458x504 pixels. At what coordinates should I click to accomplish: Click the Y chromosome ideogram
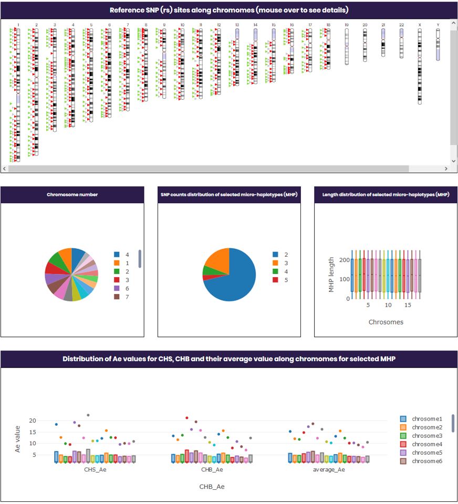click(x=438, y=45)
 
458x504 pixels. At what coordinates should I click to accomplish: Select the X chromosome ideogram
click(x=419, y=66)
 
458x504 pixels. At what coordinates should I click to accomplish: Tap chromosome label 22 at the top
click(x=401, y=25)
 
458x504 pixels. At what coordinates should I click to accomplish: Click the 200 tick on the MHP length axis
click(x=342, y=260)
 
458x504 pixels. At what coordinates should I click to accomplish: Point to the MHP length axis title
click(x=331, y=275)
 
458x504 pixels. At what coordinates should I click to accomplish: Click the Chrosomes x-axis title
click(x=386, y=322)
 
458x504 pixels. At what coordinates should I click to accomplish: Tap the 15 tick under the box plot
click(x=408, y=304)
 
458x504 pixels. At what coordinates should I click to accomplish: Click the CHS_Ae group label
click(x=96, y=469)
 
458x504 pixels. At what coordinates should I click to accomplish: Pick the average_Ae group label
click(x=329, y=469)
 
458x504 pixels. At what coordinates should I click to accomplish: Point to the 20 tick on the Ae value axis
click(x=33, y=421)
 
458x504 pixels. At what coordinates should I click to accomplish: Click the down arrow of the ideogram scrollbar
click(x=453, y=161)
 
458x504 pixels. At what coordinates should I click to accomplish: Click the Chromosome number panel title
click(x=72, y=195)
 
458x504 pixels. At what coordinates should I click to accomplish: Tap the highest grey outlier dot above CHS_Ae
click(x=88, y=415)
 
